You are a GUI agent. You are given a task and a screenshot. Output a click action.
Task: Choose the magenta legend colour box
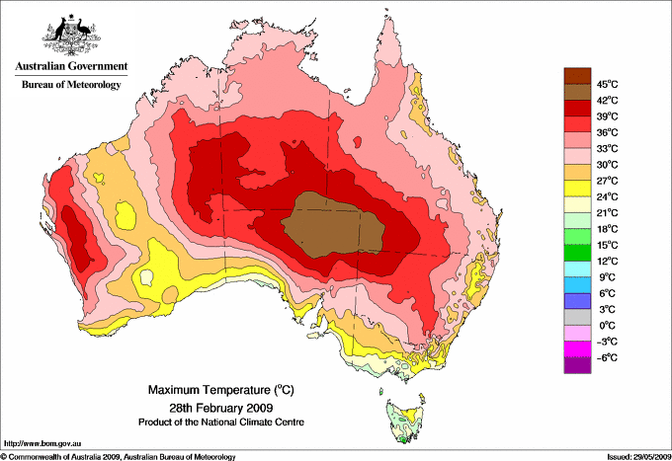pos(576,348)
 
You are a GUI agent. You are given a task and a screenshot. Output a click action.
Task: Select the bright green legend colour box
pos(576,236)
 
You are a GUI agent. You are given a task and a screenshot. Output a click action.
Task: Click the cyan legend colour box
pos(576,269)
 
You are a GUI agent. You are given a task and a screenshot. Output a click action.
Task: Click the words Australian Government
pos(70,67)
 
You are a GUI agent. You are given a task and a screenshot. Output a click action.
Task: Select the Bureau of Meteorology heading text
pos(70,85)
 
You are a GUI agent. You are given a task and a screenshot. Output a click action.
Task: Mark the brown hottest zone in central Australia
pos(331,225)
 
